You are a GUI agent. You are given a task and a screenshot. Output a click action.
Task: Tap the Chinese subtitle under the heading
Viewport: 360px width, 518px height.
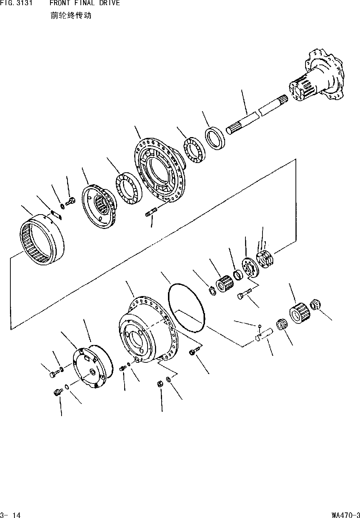pos(70,16)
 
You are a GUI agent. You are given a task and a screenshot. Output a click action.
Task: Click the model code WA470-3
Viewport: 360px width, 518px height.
pos(346,515)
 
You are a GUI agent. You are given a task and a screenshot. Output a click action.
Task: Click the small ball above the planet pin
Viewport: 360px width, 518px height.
pos(260,326)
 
